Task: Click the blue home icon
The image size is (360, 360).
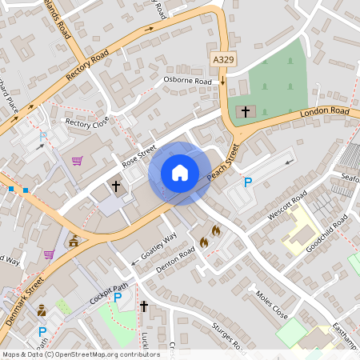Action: click(180, 173)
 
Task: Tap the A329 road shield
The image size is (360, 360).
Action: click(224, 60)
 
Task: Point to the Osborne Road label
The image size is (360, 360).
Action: click(187, 81)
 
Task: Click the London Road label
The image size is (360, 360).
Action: click(325, 113)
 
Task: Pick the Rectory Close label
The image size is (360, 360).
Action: click(87, 123)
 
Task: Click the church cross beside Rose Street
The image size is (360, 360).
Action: click(116, 186)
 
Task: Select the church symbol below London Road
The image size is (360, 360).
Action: click(245, 111)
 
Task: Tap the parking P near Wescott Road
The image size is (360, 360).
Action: click(248, 183)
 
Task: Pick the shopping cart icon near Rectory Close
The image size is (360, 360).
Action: click(77, 161)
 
